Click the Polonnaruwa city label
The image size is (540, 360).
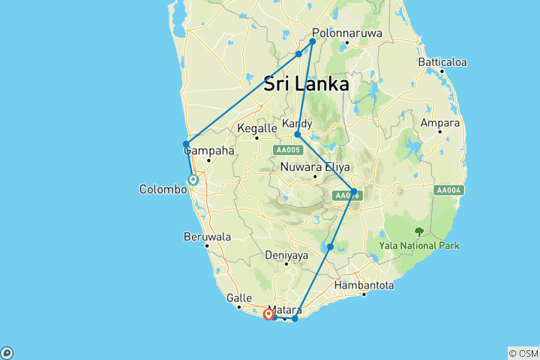[x=347, y=34]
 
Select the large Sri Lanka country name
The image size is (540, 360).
[x=305, y=84]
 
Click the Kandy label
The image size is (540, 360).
[x=297, y=124]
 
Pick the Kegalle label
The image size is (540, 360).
[x=257, y=128]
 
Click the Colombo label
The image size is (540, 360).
[x=163, y=190]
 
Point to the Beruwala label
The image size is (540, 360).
[x=207, y=236]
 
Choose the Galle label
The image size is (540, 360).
[x=229, y=298]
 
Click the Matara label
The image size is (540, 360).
[x=285, y=309]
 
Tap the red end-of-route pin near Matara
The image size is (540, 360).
[x=268, y=314]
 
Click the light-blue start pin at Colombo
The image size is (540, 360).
[x=193, y=179]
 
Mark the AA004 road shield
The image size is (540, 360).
[x=448, y=190]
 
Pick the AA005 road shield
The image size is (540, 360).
[x=288, y=150]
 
